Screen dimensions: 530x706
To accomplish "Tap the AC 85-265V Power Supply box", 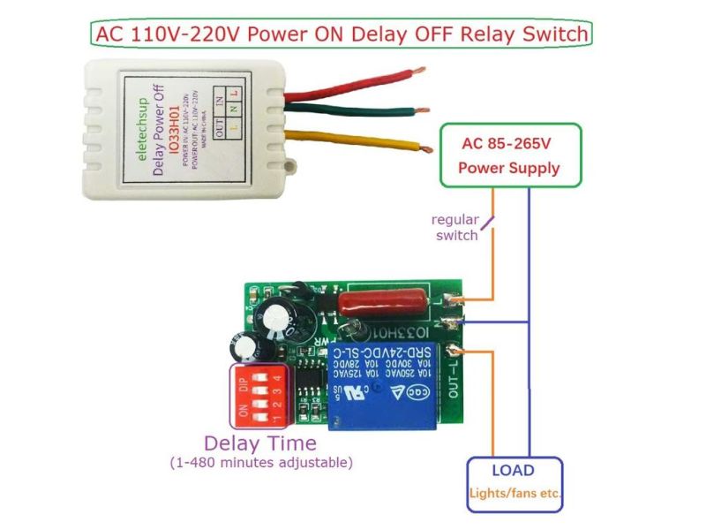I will point(511,155).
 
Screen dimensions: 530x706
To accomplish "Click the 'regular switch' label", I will point(454,227).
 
